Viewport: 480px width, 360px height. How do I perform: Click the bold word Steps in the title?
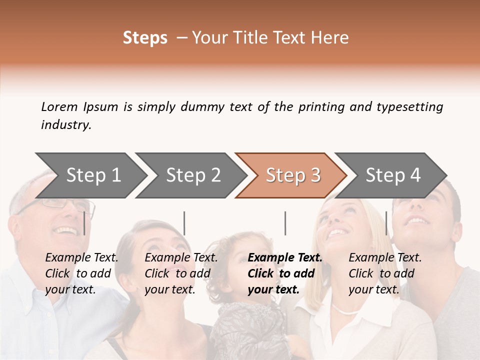pyautogui.click(x=145, y=38)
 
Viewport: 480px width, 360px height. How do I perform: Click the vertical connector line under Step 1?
pyautogui.click(x=84, y=223)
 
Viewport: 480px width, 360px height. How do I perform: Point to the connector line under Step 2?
pyautogui.click(x=184, y=223)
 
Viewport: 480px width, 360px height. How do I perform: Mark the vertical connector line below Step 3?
pyautogui.click(x=285, y=223)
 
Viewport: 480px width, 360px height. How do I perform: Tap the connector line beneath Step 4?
pyautogui.click(x=386, y=223)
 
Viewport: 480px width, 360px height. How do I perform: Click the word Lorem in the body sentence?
pyautogui.click(x=59, y=107)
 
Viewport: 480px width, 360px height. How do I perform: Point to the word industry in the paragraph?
pyautogui.click(x=66, y=125)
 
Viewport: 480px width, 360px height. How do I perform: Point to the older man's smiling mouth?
pyautogui.click(x=65, y=231)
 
